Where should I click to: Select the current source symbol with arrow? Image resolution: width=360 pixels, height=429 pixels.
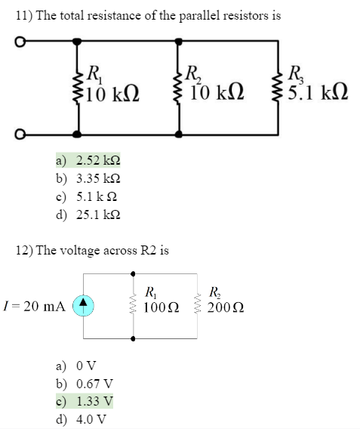(x=83, y=305)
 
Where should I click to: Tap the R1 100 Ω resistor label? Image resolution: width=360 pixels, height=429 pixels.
(x=161, y=300)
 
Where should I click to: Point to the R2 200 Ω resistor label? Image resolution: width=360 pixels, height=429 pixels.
(x=225, y=300)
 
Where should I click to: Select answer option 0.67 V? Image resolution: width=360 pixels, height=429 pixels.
(x=94, y=384)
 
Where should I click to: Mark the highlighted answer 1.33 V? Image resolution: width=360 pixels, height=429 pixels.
(x=94, y=401)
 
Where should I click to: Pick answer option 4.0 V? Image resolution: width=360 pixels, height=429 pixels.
(x=91, y=418)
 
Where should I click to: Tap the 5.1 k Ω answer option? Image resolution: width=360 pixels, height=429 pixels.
(x=97, y=196)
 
